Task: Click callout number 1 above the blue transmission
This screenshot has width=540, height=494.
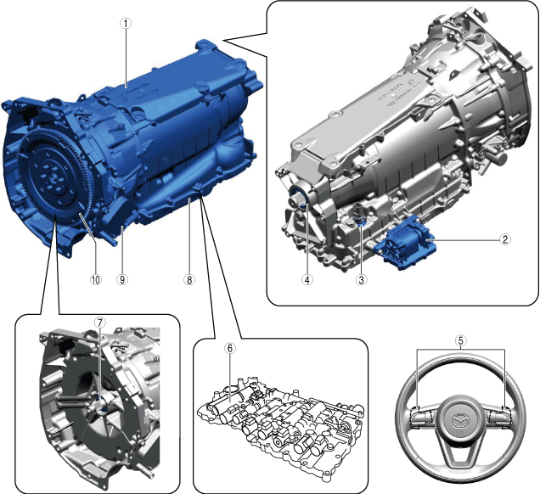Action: click(126, 24)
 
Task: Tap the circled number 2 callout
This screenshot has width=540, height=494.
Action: click(504, 239)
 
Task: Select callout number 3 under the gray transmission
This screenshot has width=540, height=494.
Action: click(361, 279)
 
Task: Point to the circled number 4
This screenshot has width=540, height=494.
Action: click(307, 279)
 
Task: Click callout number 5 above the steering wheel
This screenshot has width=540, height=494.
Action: click(461, 340)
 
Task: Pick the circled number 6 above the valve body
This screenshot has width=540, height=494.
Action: click(230, 348)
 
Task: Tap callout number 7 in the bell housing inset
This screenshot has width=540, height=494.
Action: click(100, 323)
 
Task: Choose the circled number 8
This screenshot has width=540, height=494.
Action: click(189, 279)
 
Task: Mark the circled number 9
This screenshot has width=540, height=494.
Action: click(122, 279)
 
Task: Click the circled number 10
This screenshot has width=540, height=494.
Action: click(96, 279)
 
